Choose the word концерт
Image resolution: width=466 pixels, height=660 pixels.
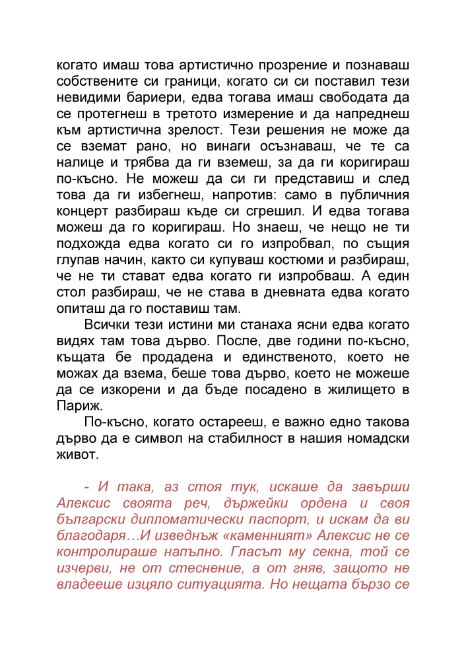(x=83, y=211)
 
